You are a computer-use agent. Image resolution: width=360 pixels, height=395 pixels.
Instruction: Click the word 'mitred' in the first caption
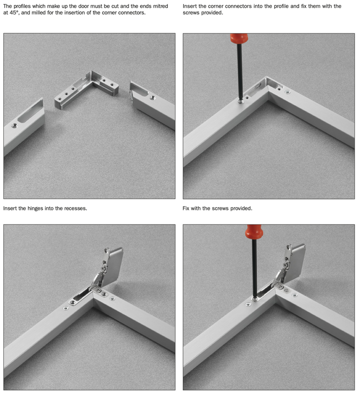point(161,6)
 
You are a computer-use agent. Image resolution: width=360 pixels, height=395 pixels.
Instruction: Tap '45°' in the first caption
point(14,13)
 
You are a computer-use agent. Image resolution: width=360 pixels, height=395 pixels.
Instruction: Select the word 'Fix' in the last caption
point(186,209)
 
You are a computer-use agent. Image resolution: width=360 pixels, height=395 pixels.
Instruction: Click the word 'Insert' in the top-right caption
point(190,6)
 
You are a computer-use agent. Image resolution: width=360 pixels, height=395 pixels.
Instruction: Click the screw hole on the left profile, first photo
point(14,125)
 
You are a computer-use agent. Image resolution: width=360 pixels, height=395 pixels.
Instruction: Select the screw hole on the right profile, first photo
point(152,97)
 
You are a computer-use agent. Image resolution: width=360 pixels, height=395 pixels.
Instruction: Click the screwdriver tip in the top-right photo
point(241,101)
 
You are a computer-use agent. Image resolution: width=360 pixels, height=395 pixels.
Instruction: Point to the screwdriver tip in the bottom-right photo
point(255,299)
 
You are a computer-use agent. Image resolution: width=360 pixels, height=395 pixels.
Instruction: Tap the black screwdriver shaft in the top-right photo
point(240,71)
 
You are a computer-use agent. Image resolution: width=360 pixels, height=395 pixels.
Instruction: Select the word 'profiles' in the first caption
point(22,6)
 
